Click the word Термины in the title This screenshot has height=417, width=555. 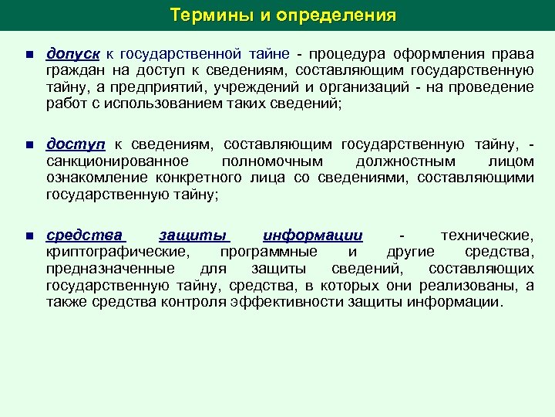pyautogui.click(x=202, y=15)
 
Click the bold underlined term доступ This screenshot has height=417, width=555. pyautogui.click(x=75, y=144)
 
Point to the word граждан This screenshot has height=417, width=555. pyautogui.click(x=72, y=72)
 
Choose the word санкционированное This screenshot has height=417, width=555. pyautogui.click(x=118, y=161)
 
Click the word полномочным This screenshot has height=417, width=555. pyautogui.click(x=270, y=161)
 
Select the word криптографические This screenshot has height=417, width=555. pyautogui.click(x=116, y=252)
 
